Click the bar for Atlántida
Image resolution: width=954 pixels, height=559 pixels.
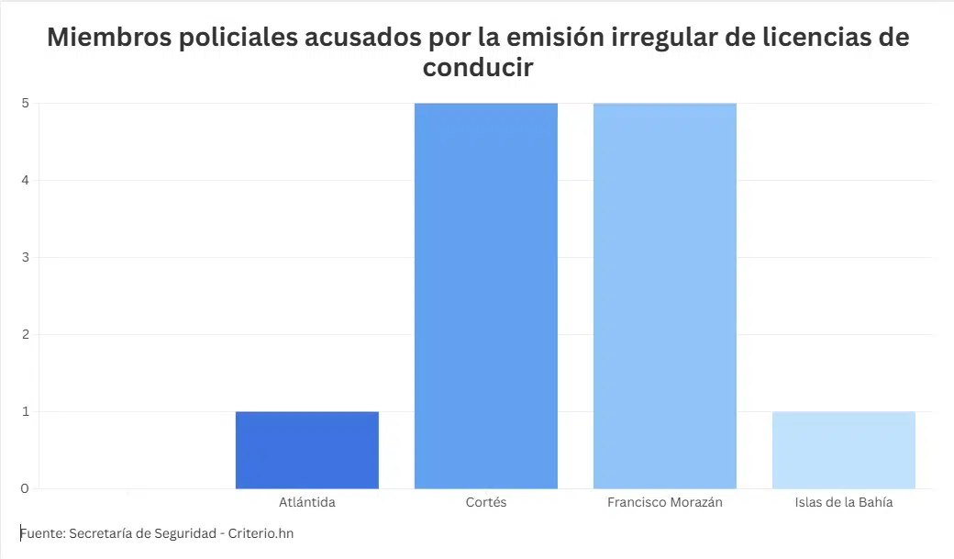pyautogui.click(x=306, y=450)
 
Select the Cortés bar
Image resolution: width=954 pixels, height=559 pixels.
pyautogui.click(x=485, y=296)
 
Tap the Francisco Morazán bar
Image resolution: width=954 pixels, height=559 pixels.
pyautogui.click(x=664, y=296)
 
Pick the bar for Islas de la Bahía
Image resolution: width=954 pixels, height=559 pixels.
pyautogui.click(x=844, y=450)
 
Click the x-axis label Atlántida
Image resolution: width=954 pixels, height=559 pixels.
pyautogui.click(x=307, y=503)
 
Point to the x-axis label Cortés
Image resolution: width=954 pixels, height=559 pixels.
pyautogui.click(x=485, y=503)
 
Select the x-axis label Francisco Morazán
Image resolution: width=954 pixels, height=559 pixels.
pyautogui.click(x=665, y=503)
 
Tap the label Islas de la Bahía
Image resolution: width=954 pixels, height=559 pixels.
pyautogui.click(x=844, y=503)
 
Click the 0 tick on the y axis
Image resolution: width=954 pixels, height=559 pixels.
pyautogui.click(x=25, y=488)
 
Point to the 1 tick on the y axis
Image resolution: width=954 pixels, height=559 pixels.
pyautogui.click(x=25, y=411)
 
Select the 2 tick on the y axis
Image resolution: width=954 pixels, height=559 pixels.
pyautogui.click(x=25, y=334)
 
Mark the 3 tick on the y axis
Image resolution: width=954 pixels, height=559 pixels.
pyautogui.click(x=25, y=257)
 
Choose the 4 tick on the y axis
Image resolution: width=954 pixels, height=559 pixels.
pyautogui.click(x=25, y=180)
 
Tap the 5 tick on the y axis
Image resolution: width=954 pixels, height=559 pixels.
pyautogui.click(x=25, y=103)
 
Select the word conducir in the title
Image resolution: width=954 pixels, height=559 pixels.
pyautogui.click(x=478, y=68)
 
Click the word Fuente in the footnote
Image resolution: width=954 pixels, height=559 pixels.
pyautogui.click(x=41, y=532)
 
